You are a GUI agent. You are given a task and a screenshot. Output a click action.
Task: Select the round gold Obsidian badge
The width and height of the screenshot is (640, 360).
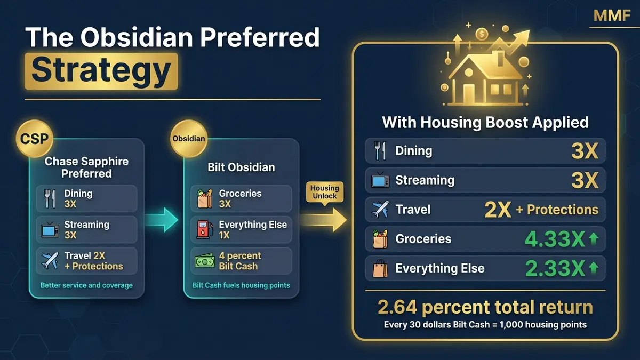[x=188, y=139]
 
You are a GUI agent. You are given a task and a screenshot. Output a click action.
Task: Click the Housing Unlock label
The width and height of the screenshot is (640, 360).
[x=324, y=191]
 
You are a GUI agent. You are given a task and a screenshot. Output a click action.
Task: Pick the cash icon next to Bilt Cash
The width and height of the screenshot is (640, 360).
[x=204, y=261]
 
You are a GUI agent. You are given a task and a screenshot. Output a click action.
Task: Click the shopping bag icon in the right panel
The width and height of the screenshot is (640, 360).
[x=380, y=269]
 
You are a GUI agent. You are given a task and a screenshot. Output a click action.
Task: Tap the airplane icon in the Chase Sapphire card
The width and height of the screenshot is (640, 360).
[x=50, y=261]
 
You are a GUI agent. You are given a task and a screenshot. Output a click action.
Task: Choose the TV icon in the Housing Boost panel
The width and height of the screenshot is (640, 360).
[x=380, y=181]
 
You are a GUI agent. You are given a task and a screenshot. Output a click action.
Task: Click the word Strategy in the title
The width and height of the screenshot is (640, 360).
[x=101, y=71]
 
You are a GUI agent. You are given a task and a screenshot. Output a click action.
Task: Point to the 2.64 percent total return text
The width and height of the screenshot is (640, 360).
[x=485, y=307]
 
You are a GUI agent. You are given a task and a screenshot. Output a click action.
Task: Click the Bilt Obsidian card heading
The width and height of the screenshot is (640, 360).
[x=241, y=167]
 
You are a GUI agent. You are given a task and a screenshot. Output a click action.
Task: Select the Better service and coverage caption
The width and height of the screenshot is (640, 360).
[x=86, y=285]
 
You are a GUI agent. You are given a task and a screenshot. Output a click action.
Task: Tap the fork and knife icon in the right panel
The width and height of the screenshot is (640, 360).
[x=380, y=151]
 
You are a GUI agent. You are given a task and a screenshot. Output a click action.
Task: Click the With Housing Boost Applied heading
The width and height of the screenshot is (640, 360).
[x=485, y=123]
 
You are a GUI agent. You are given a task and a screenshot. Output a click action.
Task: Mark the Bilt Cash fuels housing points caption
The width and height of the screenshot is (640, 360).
[x=241, y=285]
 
